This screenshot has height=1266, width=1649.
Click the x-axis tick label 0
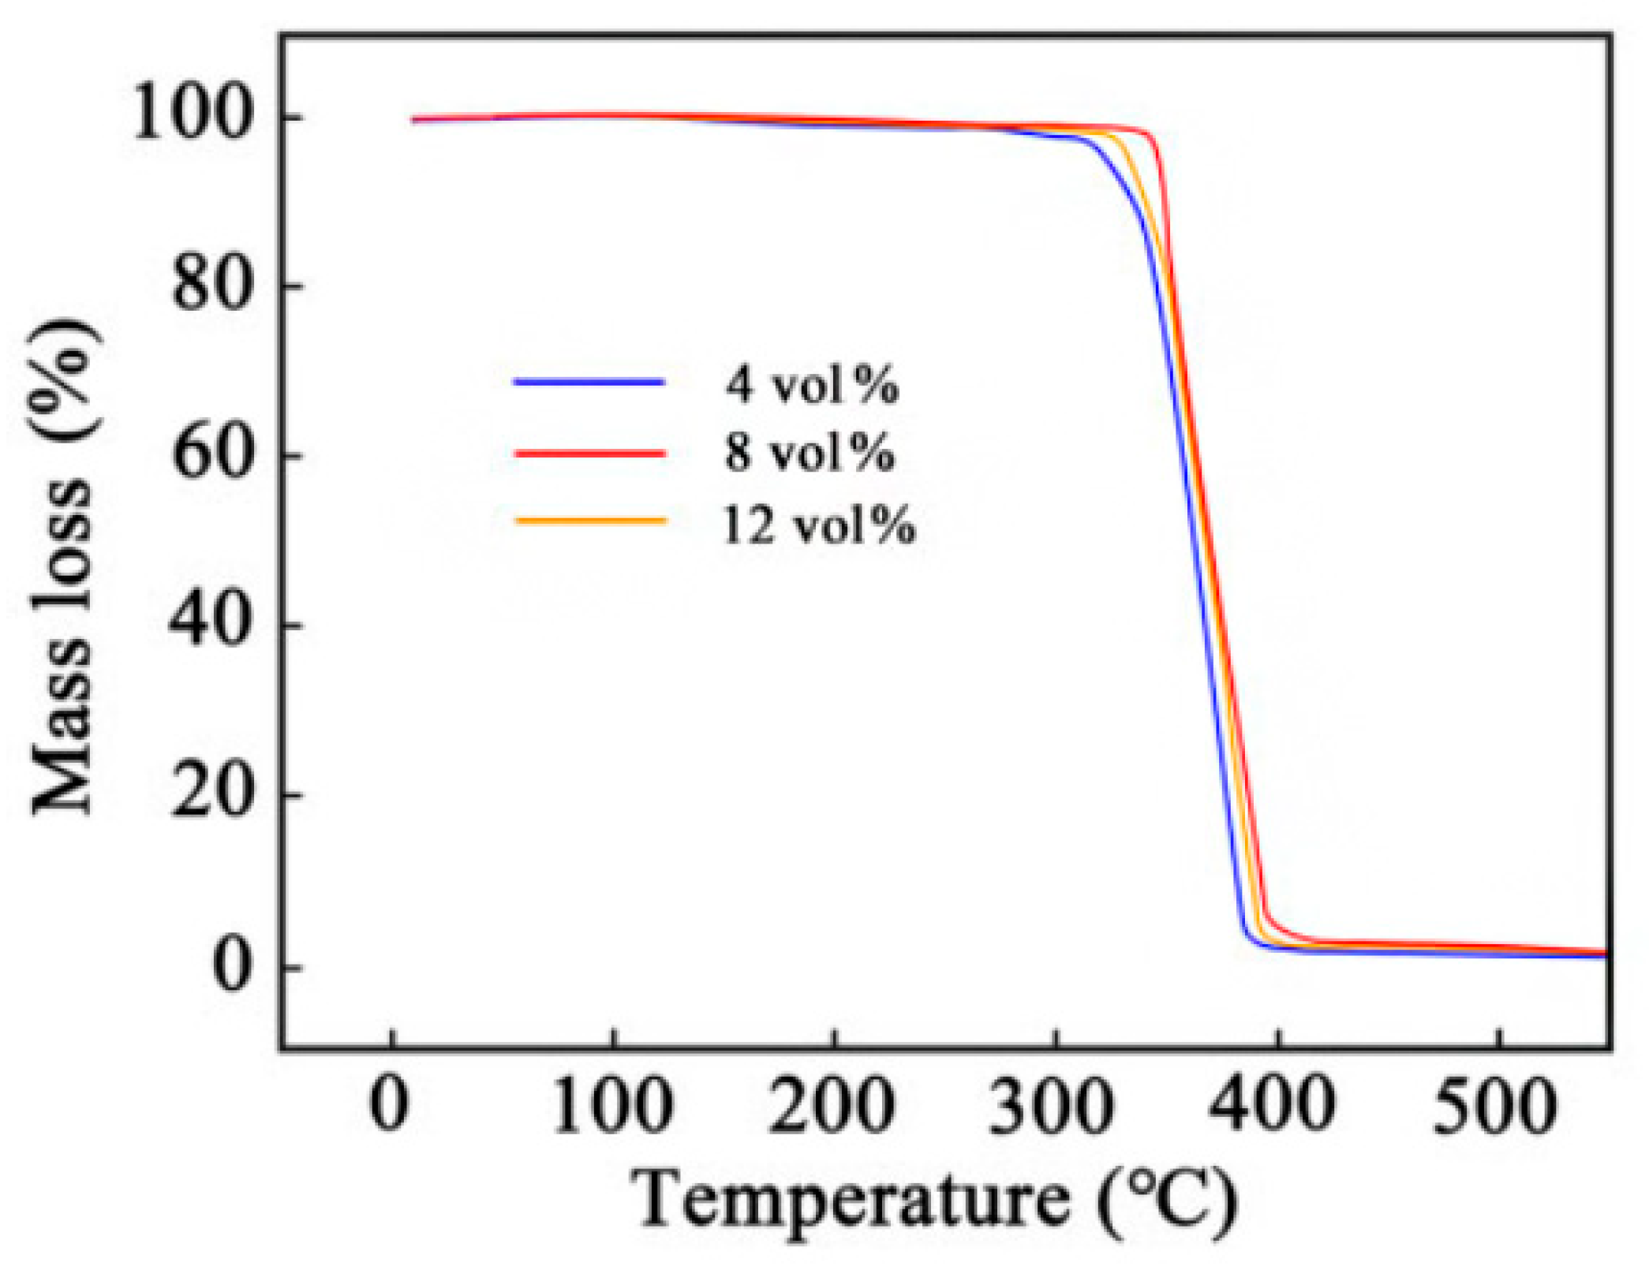[390, 1105]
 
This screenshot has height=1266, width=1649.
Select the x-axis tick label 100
[612, 1105]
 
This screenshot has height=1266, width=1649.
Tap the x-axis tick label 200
[833, 1105]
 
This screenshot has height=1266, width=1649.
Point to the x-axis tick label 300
[1054, 1105]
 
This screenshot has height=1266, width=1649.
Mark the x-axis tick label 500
[1496, 1105]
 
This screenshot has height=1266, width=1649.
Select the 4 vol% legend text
[812, 385]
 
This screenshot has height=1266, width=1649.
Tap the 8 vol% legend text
[810, 453]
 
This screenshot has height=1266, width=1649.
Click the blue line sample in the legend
[589, 383]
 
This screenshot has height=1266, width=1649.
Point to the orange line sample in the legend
[590, 521]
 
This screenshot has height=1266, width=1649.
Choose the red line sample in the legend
[590, 453]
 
